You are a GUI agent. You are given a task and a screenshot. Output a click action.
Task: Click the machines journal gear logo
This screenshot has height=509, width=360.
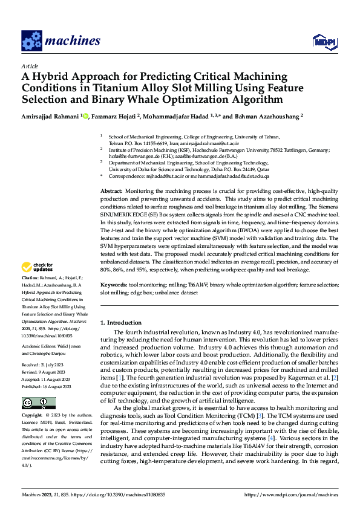click(31, 41)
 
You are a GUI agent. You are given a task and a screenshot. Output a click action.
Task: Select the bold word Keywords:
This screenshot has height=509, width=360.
click(114, 284)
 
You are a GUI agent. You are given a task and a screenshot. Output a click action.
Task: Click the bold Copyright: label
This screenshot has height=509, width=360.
click(33, 416)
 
